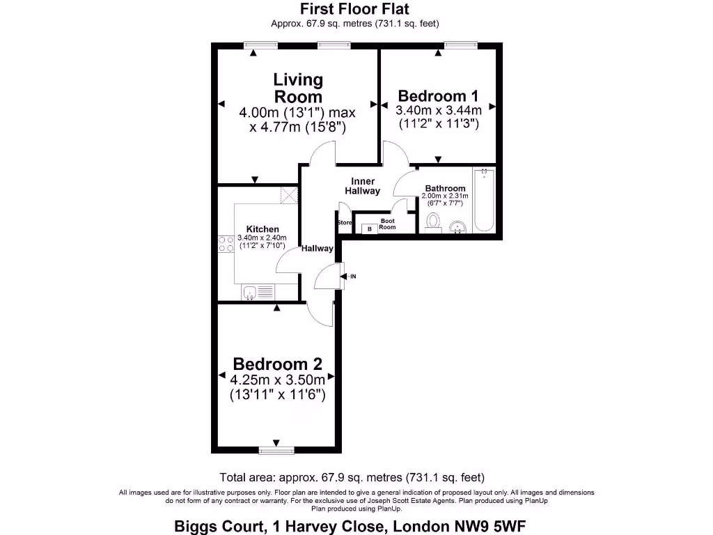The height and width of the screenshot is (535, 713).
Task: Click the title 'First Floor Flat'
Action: click(x=354, y=9)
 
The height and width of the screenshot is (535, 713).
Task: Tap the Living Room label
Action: click(x=298, y=88)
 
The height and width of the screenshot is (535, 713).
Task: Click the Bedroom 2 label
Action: click(x=278, y=364)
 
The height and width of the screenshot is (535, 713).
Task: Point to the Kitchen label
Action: click(x=263, y=229)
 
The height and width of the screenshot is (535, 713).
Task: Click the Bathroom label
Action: click(x=445, y=188)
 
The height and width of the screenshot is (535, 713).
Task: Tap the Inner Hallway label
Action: click(x=362, y=186)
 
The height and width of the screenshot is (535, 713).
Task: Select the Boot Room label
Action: click(x=387, y=224)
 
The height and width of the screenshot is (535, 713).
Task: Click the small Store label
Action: click(x=345, y=223)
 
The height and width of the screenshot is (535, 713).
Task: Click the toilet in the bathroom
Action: click(x=433, y=222)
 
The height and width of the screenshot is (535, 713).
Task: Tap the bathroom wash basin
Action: click(x=458, y=226)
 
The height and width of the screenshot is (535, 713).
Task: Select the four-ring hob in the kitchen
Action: click(x=226, y=244)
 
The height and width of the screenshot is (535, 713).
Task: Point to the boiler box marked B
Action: click(x=369, y=228)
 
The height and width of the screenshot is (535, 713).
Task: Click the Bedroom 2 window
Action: click(x=276, y=451)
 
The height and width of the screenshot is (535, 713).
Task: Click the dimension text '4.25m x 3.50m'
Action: click(x=278, y=380)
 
